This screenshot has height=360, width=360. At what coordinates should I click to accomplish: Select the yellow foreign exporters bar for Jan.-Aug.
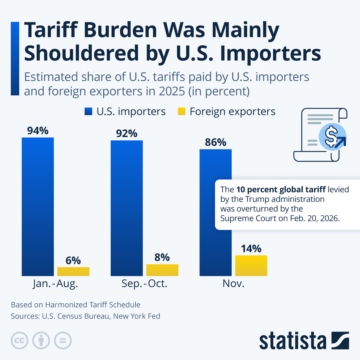[73, 271]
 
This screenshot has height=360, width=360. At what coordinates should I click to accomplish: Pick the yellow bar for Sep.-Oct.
[162, 270]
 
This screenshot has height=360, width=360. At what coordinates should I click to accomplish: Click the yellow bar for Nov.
[251, 265]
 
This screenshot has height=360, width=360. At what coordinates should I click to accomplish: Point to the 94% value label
[38, 131]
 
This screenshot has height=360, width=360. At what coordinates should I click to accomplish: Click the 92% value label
[127, 134]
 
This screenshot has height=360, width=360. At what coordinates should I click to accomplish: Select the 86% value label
[215, 142]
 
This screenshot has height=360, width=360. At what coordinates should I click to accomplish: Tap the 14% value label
[251, 249]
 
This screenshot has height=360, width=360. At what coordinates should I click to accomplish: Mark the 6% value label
[73, 260]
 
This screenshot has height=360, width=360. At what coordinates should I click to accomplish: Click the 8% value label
[162, 257]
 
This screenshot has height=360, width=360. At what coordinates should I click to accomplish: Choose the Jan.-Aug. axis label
[55, 283]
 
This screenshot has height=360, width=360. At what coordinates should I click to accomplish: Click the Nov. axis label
[233, 283]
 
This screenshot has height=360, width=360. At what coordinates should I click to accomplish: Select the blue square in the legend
[88, 112]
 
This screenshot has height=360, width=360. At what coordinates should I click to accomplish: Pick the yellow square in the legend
[182, 112]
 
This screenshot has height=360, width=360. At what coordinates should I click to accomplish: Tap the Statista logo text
[292, 341]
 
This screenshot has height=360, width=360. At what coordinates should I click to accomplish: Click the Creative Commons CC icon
[19, 341]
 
